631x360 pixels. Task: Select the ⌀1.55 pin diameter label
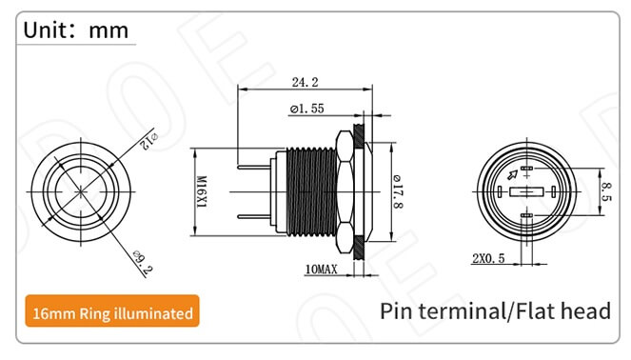305,110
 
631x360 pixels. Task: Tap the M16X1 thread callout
201,191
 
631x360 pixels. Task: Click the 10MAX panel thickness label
321,270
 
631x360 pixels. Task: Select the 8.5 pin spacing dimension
605,191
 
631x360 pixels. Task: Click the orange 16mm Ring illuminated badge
113,312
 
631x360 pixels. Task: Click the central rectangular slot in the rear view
526,192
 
